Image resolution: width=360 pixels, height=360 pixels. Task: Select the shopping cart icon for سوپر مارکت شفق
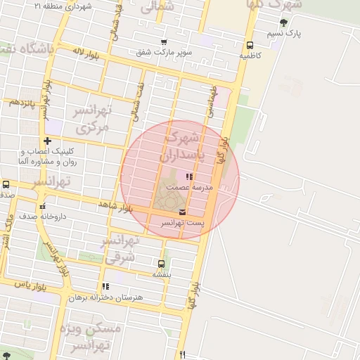tap(164, 42)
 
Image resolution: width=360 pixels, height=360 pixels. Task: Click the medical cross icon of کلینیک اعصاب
tap(47, 141)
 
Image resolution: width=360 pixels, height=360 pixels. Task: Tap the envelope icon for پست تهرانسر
tap(183, 212)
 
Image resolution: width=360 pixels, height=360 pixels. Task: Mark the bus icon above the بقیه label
tap(161, 264)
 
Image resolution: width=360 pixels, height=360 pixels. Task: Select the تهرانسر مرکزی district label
tap(92, 119)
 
